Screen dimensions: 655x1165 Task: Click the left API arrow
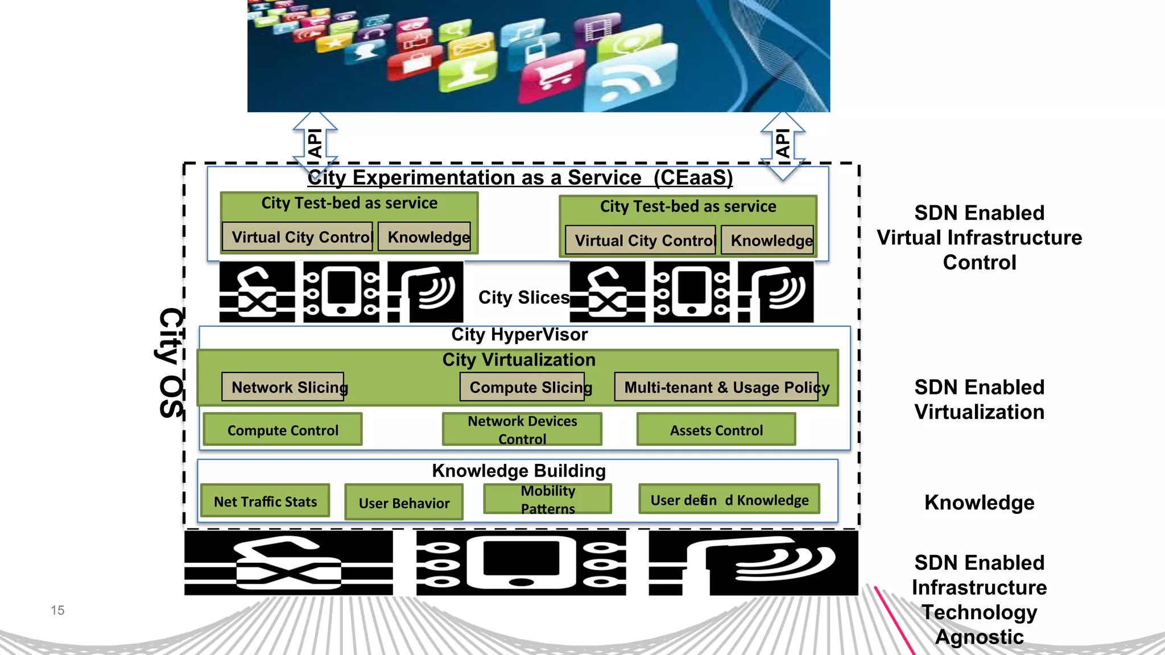[315, 144]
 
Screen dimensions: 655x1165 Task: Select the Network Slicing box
[283, 387]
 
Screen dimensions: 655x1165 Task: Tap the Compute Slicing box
[522, 387]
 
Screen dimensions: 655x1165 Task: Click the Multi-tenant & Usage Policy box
[717, 387]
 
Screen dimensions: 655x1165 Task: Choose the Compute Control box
[283, 430]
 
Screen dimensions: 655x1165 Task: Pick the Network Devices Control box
[522, 430]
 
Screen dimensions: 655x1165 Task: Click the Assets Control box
[716, 430]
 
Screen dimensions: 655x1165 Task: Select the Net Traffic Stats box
[265, 501]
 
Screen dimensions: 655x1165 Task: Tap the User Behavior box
[404, 503]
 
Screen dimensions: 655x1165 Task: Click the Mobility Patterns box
[548, 499]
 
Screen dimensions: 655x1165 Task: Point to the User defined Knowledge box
[729, 500]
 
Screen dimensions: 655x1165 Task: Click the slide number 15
[57, 610]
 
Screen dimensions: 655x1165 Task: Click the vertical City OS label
[171, 363]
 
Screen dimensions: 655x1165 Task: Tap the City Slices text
[523, 297]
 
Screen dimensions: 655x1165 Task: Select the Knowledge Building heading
[519, 471]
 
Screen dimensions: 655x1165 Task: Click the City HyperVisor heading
[519, 334]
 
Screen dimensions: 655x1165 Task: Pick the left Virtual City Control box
[298, 237]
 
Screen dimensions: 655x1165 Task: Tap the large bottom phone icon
[521, 563]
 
